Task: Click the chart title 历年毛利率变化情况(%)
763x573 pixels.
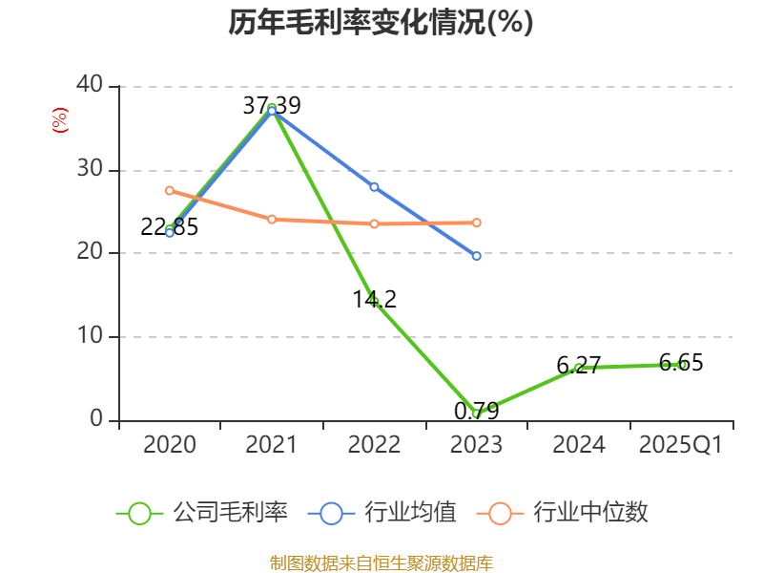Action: [x=381, y=23]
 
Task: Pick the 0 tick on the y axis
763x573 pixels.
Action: [x=96, y=419]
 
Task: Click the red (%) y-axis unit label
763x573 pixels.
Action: [x=60, y=120]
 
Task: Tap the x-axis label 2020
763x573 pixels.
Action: [x=169, y=445]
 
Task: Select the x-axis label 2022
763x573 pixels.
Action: [x=374, y=445]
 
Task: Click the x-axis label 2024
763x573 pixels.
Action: [x=578, y=445]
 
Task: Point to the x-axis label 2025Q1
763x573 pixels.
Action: [x=680, y=445]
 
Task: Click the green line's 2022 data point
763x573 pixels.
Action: [x=374, y=302]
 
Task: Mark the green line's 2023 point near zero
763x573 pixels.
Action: [x=476, y=414]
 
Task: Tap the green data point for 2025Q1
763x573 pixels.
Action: [x=681, y=364]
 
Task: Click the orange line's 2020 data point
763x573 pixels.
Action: [x=170, y=190]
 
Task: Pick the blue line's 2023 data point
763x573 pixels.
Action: [x=476, y=256]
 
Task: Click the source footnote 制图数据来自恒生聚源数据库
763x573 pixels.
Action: [x=381, y=562]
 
